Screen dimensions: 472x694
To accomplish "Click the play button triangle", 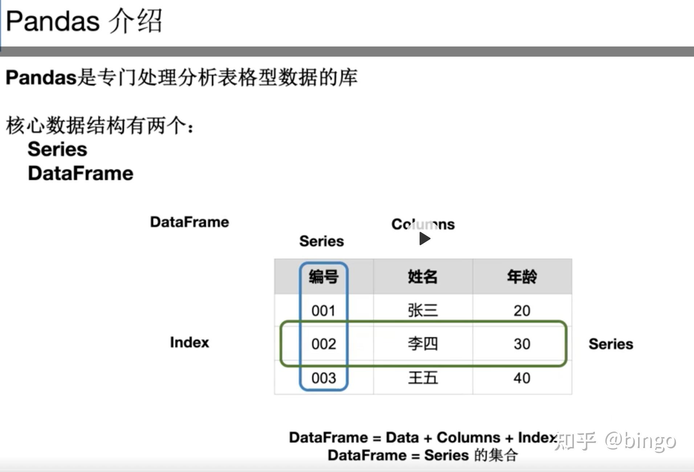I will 424,239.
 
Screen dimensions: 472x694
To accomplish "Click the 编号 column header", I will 323,277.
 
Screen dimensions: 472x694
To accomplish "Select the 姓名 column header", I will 422,277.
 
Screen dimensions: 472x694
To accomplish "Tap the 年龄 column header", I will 522,277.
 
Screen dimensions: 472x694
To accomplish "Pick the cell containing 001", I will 323,311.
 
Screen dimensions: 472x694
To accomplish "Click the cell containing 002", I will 323,344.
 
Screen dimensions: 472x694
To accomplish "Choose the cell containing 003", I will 323,378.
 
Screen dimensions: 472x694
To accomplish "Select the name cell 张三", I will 422,311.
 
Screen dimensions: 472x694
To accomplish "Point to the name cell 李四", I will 422,344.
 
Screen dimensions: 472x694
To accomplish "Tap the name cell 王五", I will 422,378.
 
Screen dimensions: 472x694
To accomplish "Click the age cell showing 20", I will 522,311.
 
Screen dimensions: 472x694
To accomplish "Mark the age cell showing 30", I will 522,344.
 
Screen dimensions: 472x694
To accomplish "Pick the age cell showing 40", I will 522,378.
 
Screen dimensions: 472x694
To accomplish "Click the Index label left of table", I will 189,342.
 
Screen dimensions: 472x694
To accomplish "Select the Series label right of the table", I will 611,344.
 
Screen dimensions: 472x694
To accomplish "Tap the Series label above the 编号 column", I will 321,241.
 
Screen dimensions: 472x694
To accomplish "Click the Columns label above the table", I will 423,224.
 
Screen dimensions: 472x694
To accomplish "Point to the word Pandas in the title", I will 53,21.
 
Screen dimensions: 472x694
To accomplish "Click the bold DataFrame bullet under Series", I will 81,173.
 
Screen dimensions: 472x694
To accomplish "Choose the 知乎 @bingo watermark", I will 615,441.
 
